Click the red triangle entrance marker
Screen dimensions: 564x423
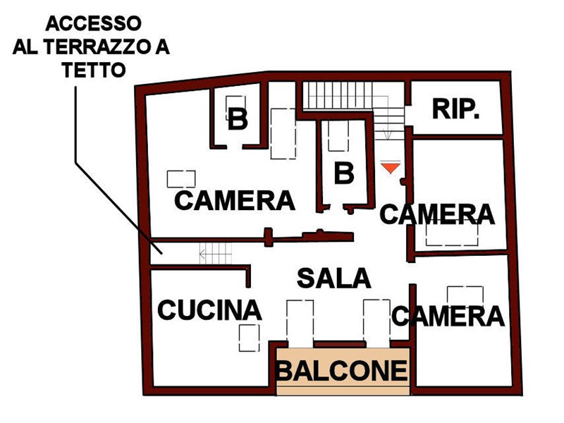(x=391, y=168)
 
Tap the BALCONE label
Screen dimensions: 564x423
(x=342, y=371)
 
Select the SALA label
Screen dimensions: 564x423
(x=333, y=278)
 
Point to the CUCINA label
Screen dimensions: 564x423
(x=209, y=310)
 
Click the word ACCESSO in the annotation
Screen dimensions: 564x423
(x=94, y=24)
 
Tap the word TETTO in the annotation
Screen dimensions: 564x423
(x=94, y=70)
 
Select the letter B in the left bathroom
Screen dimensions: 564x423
(x=238, y=119)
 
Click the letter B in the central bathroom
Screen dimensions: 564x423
(x=344, y=173)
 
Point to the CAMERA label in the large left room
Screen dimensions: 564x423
(x=235, y=201)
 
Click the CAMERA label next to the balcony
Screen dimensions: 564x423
(x=448, y=316)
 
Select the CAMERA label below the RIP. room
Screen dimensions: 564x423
(x=437, y=214)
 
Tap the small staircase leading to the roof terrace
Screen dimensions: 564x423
(x=216, y=253)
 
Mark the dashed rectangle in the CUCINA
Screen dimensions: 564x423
(x=250, y=338)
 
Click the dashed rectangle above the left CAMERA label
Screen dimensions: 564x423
(x=181, y=179)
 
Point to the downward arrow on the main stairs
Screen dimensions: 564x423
(x=387, y=118)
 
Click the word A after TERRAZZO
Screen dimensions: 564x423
(x=162, y=47)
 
